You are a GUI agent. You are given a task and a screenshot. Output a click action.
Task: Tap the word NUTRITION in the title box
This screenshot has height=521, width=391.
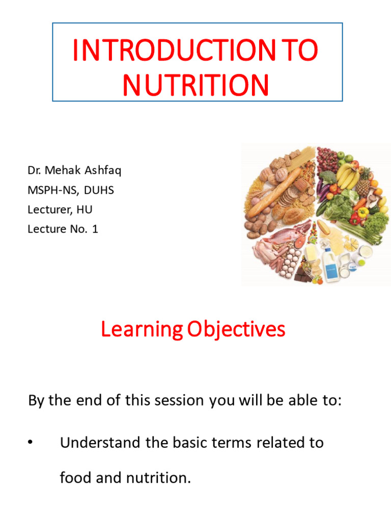196,85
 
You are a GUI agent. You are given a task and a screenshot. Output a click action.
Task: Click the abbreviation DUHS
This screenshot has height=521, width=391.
100,190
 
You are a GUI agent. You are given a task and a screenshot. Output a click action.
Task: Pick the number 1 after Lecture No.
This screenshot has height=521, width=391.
95,229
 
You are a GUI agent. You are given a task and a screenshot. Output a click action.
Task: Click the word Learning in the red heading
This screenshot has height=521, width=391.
141,330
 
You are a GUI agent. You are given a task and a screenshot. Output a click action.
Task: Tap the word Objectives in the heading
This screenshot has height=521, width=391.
236,330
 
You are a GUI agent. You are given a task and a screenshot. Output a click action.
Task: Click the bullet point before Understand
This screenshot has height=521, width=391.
31,443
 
